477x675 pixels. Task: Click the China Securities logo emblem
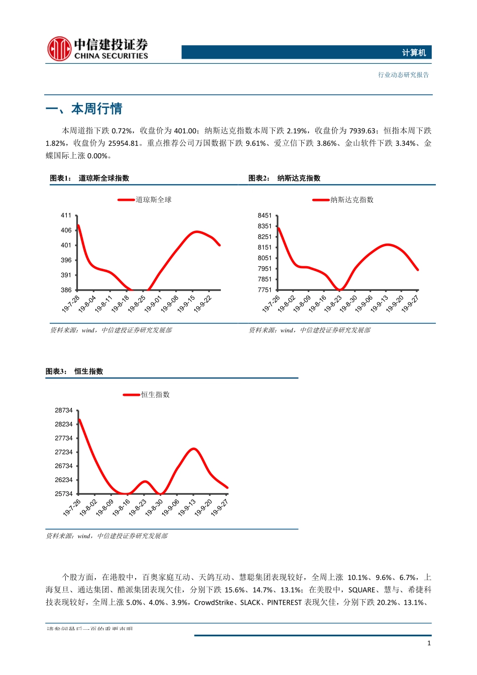click(x=59, y=49)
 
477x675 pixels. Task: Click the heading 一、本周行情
click(x=84, y=109)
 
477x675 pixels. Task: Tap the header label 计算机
click(x=414, y=53)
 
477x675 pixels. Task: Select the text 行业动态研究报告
click(x=403, y=75)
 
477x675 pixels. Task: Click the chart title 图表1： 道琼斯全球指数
click(x=89, y=178)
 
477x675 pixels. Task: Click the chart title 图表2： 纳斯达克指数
click(x=284, y=178)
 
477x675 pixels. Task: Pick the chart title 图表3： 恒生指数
click(x=74, y=372)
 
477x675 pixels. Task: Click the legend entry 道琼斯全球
click(x=153, y=200)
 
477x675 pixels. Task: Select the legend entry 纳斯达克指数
click(x=351, y=200)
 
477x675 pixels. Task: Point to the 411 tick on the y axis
click(x=66, y=215)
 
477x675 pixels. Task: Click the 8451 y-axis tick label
click(x=265, y=215)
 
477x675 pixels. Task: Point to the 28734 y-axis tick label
click(x=64, y=410)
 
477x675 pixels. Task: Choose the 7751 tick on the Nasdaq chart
click(x=265, y=290)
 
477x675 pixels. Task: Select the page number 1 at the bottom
click(x=429, y=643)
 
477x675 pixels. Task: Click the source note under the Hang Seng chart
click(x=107, y=536)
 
